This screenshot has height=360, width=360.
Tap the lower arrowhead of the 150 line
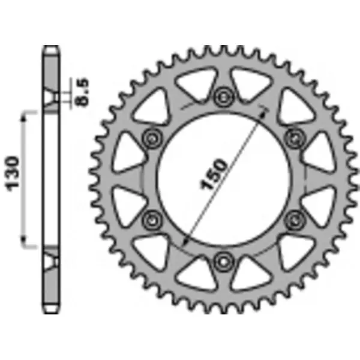[x=184, y=245]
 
